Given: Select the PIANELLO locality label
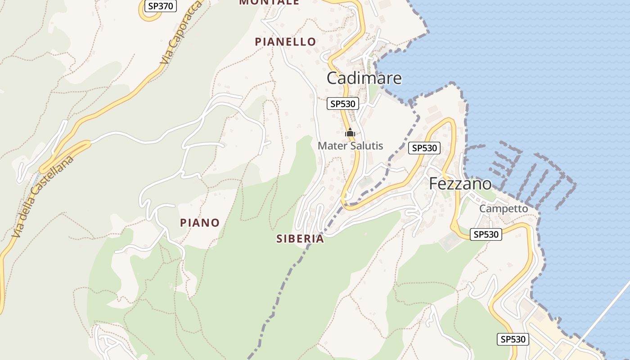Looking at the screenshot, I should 285,42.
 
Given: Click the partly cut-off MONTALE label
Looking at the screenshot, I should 269,2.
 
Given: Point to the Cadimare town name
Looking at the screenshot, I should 364,78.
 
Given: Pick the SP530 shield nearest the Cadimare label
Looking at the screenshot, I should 343,104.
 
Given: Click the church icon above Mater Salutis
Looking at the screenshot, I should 350,132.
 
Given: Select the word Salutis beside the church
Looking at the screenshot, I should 367,146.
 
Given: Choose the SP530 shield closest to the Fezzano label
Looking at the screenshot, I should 424,148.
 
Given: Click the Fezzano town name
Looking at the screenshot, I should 460,184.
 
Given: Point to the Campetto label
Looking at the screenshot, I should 503,209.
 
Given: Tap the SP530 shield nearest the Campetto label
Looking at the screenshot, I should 486,234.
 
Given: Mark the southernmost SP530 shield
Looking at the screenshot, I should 513,339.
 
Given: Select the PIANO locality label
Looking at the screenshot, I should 200,223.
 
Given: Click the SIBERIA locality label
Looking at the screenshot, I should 300,239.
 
